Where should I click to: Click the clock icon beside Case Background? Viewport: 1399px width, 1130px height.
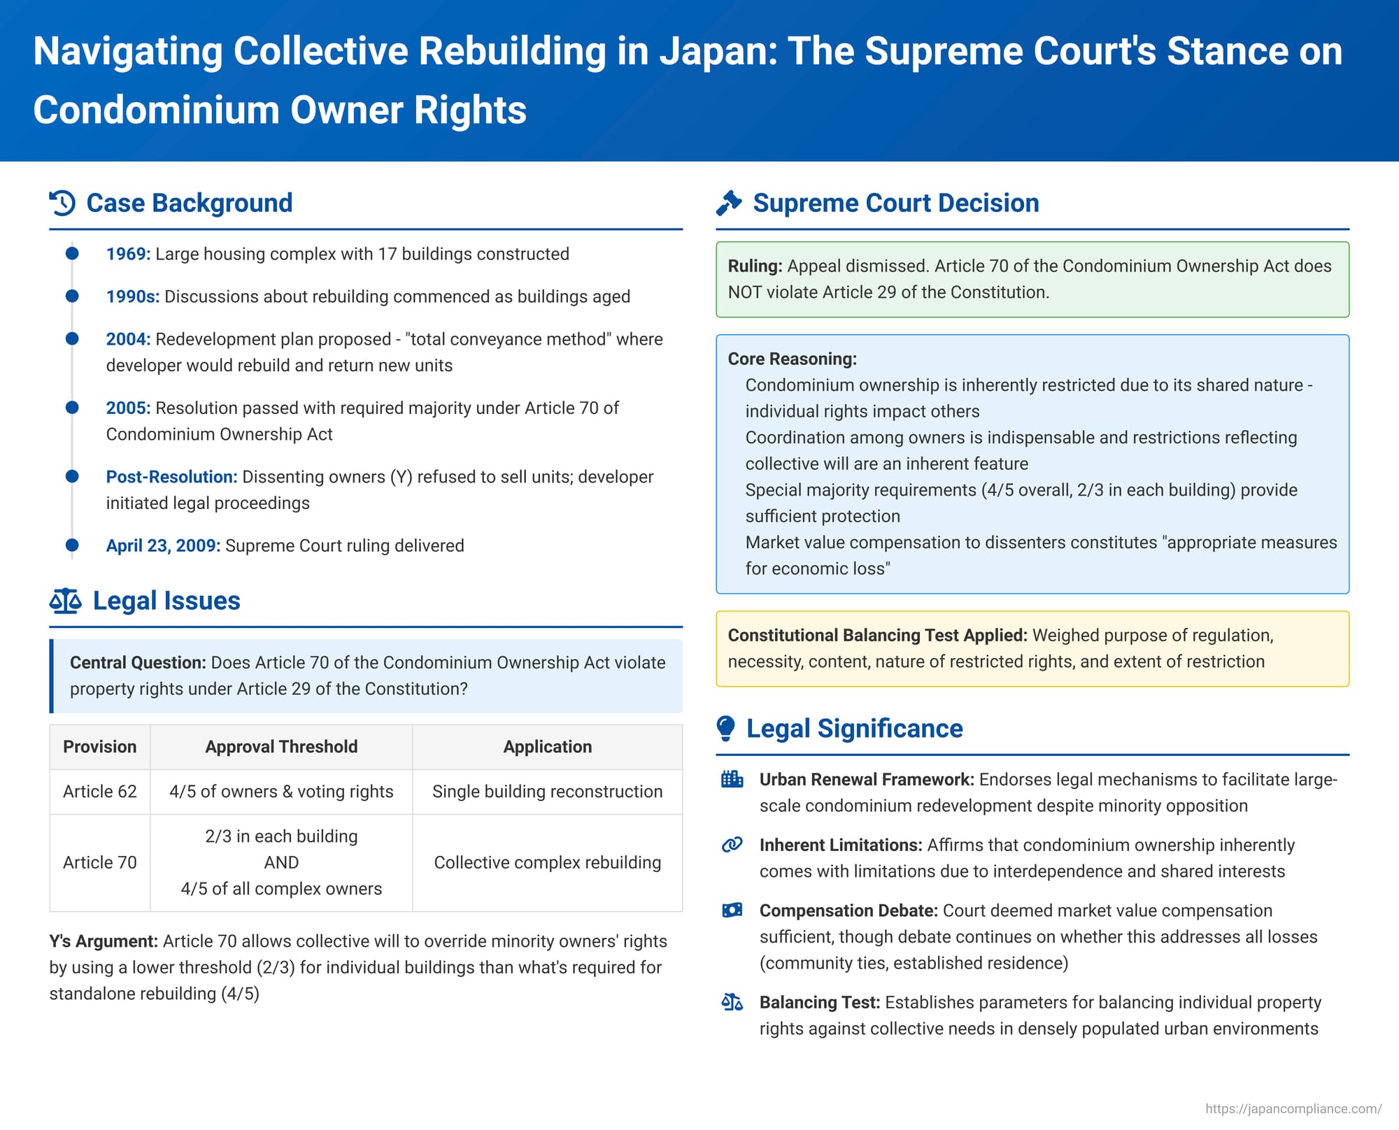tap(62, 203)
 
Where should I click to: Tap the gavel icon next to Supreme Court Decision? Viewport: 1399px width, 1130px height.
tap(729, 203)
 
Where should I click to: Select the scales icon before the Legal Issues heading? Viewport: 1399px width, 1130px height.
tap(65, 601)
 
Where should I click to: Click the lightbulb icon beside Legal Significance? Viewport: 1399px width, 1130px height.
tap(726, 728)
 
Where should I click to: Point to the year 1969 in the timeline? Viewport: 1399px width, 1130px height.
tap(128, 254)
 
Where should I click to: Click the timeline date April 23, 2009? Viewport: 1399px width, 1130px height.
tap(163, 545)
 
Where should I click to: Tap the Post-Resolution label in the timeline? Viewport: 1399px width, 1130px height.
tap(171, 477)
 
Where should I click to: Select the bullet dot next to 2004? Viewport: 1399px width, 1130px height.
tap(72, 339)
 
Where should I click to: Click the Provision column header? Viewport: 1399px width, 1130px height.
tap(100, 747)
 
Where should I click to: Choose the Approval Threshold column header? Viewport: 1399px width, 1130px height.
tap(281, 747)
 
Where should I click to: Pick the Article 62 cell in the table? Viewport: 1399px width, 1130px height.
tap(100, 792)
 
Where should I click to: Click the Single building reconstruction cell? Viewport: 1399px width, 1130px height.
tap(548, 792)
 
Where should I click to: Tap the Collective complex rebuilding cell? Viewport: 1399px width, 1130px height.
tap(548, 862)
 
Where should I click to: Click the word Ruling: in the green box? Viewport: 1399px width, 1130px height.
tap(755, 266)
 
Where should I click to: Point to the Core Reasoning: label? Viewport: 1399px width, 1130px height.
tap(793, 359)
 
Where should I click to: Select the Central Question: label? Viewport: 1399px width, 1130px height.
tap(138, 663)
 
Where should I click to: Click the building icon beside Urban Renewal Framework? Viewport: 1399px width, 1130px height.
tap(732, 779)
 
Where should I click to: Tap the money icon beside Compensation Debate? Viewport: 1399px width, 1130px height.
tap(732, 910)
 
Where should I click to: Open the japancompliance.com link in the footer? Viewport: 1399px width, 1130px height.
tap(1293, 1109)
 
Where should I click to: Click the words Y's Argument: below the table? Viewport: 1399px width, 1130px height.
tap(104, 942)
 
